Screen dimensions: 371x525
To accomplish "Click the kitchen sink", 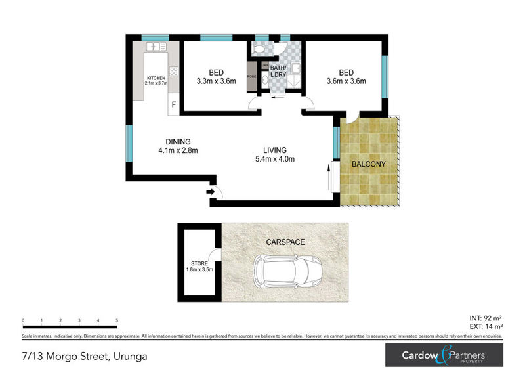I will point(156,47).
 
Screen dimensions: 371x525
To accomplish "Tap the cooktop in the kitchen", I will point(174,71).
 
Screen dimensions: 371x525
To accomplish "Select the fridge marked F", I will point(174,104).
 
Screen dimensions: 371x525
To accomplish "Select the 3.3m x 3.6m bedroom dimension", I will point(216,81).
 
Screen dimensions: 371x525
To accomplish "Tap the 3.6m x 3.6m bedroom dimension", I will point(346,81).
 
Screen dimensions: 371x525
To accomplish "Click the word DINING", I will point(178,141).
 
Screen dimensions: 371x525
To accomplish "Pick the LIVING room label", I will point(275,150).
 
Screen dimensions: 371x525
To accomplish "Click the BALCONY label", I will point(367,164).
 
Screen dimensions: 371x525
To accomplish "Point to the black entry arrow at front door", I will point(210,192).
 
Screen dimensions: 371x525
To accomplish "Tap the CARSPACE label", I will point(285,242).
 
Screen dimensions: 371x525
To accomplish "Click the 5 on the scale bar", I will point(117,320).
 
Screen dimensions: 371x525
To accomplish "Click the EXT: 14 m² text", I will point(486,326).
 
